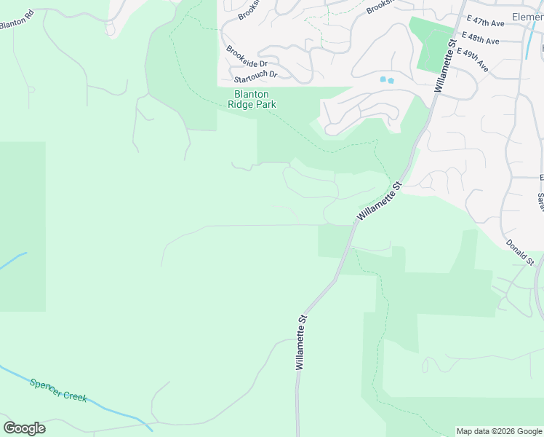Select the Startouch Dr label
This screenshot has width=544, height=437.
point(255,75)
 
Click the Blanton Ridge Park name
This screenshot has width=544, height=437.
point(252,99)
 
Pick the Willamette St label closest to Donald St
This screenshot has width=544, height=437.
point(379,202)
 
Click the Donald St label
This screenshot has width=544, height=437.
point(520,252)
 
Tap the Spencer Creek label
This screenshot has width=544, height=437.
point(58,390)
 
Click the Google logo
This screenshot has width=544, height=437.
point(24,428)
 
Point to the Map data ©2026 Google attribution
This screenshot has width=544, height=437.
point(499,431)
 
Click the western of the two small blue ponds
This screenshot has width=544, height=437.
point(383,79)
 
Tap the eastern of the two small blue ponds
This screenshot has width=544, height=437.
point(391,80)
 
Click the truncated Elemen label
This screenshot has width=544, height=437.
point(527,17)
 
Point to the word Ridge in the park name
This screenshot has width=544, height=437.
point(241,104)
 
